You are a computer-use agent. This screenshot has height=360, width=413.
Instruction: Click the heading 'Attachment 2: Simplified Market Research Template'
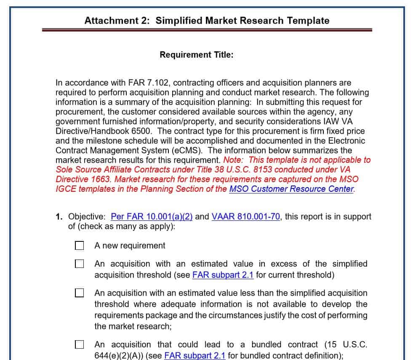click(207, 21)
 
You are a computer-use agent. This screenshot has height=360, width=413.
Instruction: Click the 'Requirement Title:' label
click(196, 55)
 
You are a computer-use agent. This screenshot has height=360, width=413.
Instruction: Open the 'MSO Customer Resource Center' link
click(291, 189)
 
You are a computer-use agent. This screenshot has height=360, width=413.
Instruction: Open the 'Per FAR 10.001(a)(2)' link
click(152, 217)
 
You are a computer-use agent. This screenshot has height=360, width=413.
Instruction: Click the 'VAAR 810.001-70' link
click(246, 217)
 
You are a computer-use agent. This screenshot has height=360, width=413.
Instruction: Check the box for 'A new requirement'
click(79, 246)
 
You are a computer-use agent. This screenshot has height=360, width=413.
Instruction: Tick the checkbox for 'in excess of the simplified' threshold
click(79, 264)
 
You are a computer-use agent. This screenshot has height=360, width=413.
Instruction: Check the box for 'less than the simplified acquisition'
click(79, 293)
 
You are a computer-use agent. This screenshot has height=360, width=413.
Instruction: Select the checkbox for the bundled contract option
click(79, 344)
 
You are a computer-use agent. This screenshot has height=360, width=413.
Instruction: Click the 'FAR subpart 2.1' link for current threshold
click(223, 275)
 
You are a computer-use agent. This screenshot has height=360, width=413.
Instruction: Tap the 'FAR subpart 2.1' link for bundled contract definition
click(195, 355)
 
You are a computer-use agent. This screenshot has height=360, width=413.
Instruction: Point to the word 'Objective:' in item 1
click(87, 217)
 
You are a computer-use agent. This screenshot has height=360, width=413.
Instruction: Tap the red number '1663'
click(99, 179)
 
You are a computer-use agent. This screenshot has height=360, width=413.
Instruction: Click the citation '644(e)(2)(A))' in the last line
click(120, 355)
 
